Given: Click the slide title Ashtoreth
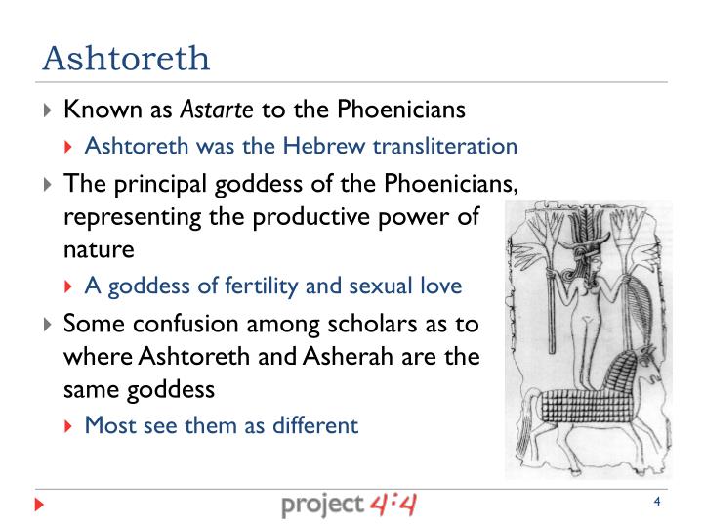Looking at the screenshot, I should pyautogui.click(x=126, y=59).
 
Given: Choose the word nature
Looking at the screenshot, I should pyautogui.click(x=99, y=249).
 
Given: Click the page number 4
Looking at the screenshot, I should pyautogui.click(x=657, y=503).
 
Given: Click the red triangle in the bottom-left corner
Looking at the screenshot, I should pyautogui.click(x=39, y=506).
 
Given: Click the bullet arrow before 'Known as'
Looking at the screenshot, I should pyautogui.click(x=50, y=110).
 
